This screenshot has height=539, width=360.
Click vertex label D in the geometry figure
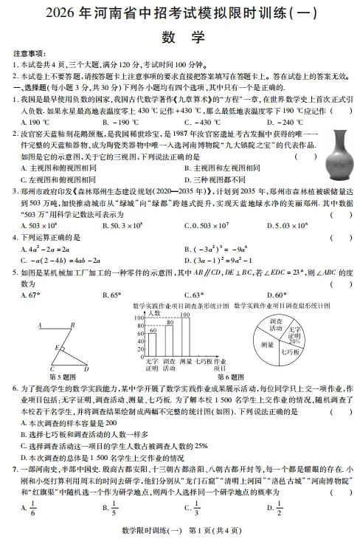tap(86, 368)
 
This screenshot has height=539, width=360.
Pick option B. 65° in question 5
tap(111, 294)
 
